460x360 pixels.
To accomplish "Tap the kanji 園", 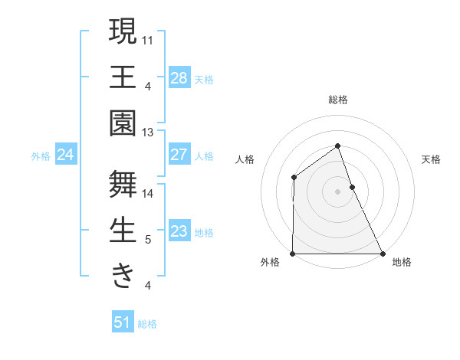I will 123,123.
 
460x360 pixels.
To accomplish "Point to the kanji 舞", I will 123,183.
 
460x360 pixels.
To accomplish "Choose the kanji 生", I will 123,231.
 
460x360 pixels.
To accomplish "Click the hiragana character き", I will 123,276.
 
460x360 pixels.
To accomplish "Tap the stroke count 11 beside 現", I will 148,39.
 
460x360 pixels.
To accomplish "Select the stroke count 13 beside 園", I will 148,133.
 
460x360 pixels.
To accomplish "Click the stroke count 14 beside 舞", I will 148,193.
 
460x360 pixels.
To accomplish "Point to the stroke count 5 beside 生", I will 148,240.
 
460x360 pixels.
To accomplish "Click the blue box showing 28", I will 179,77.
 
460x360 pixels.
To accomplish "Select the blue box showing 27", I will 179,155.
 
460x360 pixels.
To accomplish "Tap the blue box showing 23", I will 179,231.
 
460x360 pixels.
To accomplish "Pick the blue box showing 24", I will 65,155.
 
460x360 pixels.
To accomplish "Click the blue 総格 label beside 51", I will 147,324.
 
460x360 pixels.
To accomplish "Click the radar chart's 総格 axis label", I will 337,100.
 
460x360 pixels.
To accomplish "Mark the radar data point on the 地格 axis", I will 383,254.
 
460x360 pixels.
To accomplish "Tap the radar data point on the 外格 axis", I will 293,254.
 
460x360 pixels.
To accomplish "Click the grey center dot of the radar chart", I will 337,191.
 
